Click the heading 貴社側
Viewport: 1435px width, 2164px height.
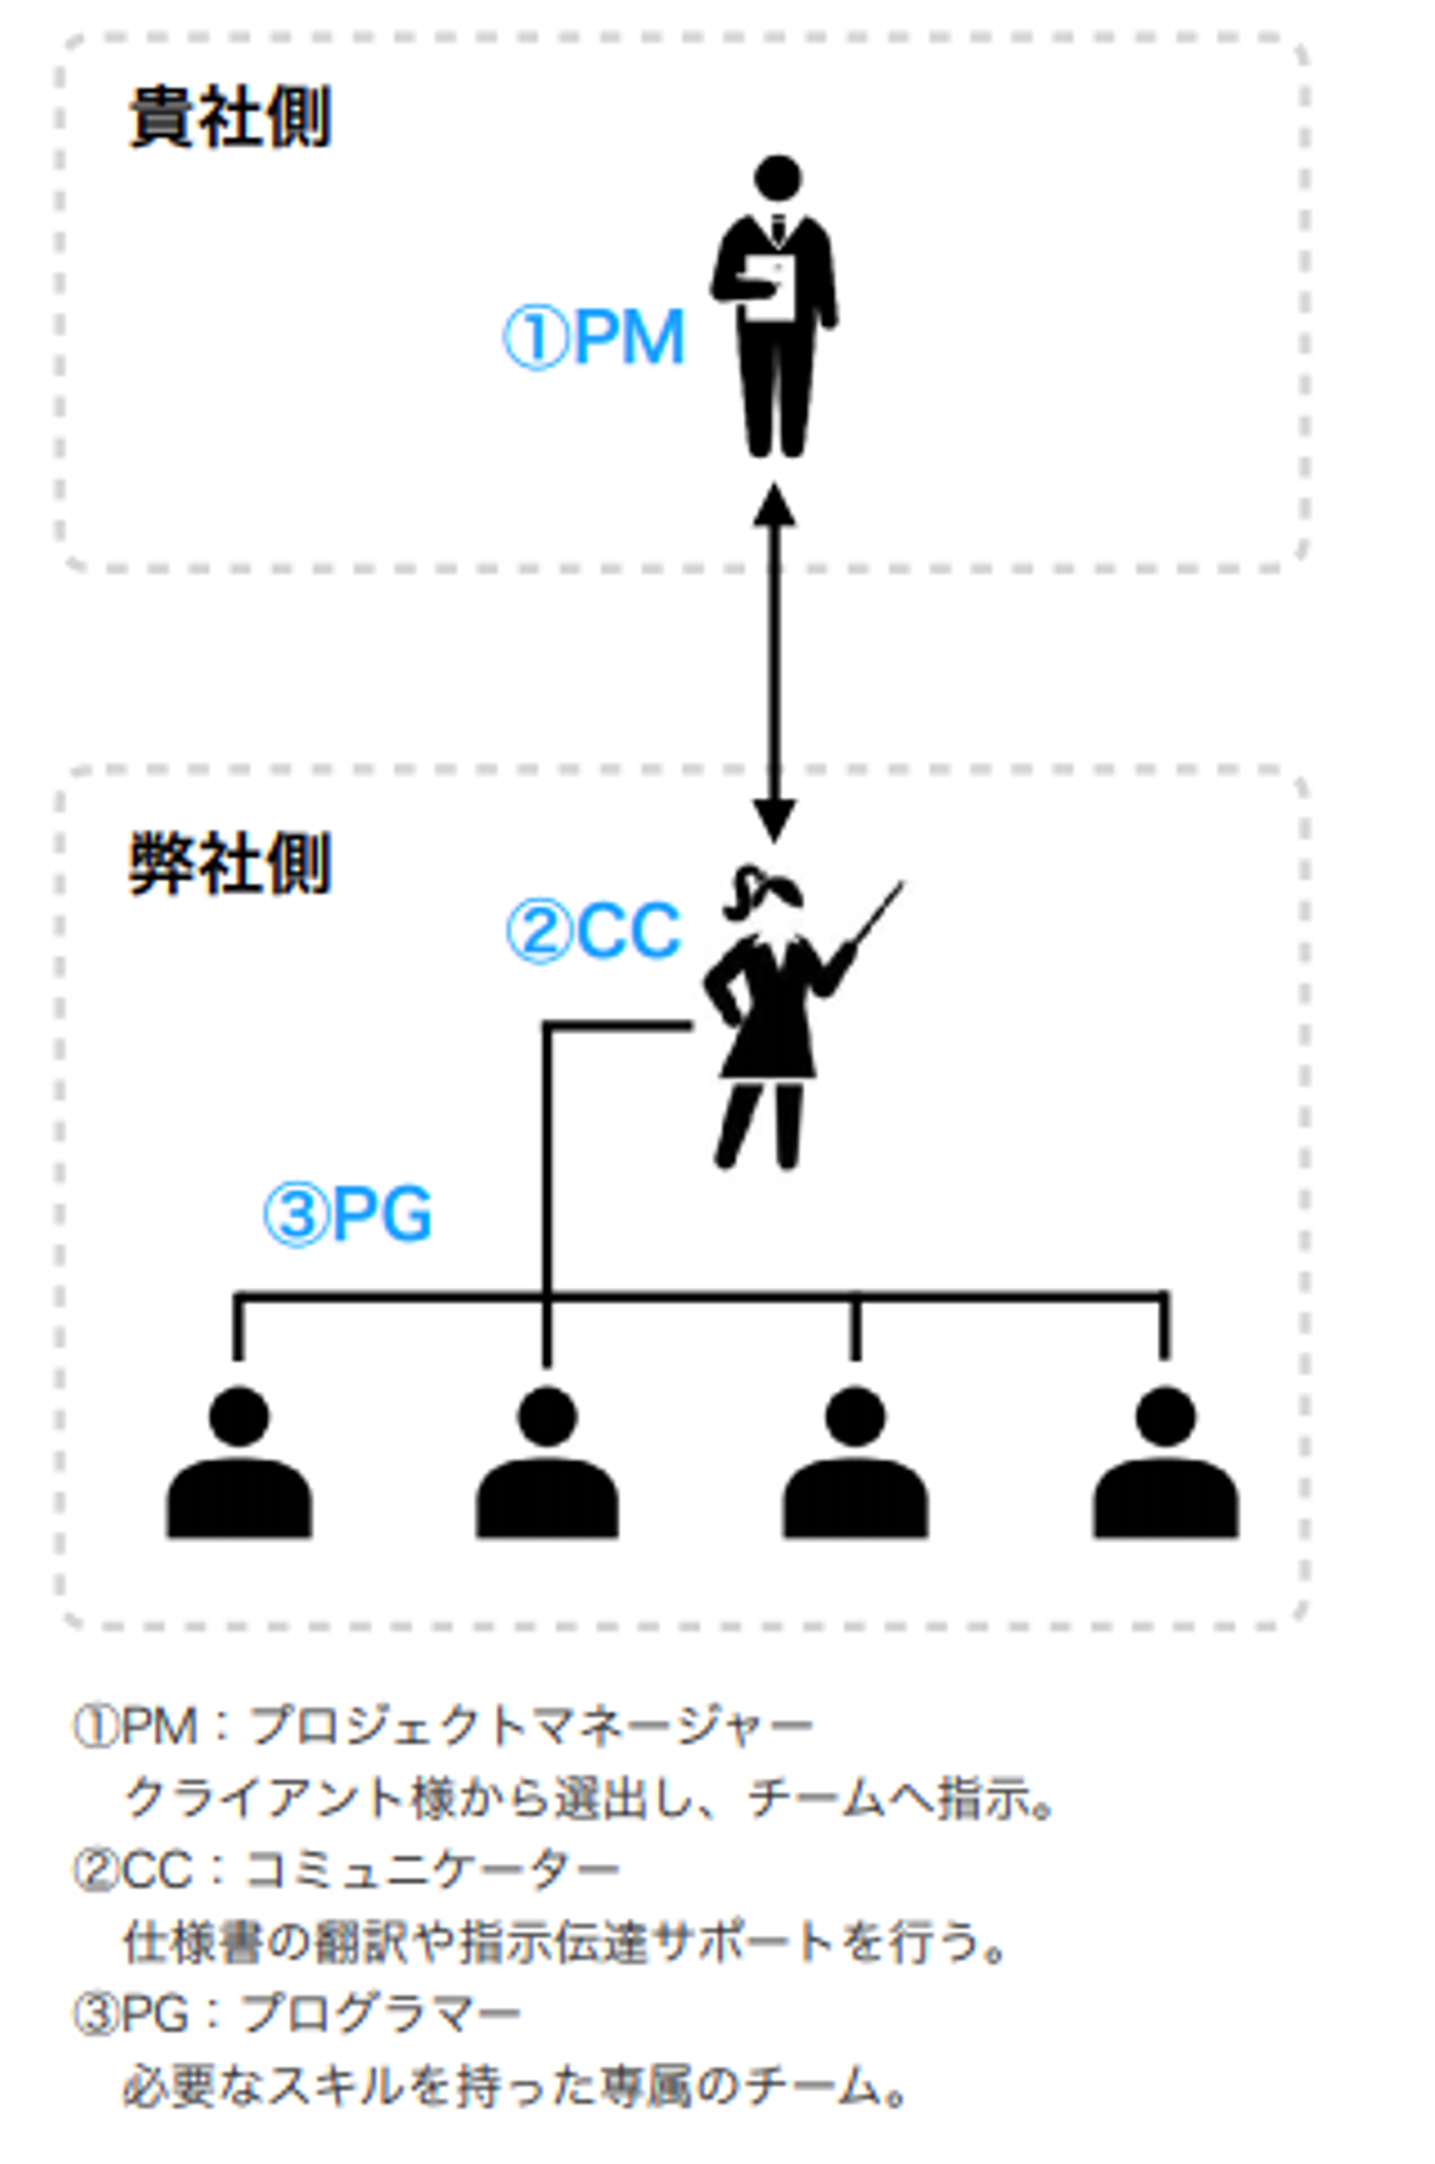230,118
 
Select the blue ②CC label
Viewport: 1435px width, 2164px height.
594,931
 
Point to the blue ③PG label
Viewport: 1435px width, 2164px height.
348,1214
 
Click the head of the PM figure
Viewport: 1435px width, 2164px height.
777,178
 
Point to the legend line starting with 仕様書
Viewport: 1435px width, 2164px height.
564,1943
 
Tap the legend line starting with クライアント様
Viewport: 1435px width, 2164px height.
588,1798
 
